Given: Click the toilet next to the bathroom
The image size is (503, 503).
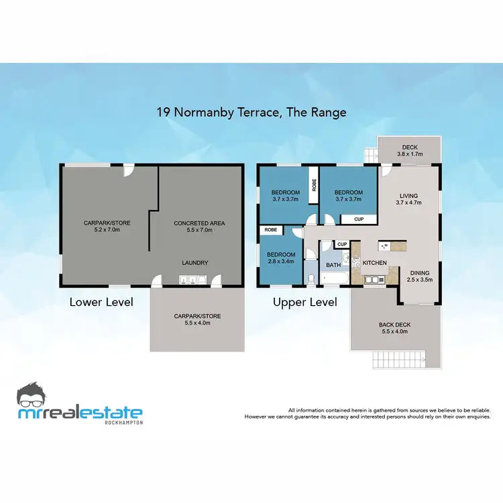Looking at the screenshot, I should pos(311,278).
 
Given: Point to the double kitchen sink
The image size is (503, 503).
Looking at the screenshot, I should pos(373,279).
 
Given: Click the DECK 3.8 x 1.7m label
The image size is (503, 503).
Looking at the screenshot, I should pos(410,151).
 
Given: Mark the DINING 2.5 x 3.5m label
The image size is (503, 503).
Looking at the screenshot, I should pos(421,276).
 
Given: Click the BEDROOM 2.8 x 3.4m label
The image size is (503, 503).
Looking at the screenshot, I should pos(280,258).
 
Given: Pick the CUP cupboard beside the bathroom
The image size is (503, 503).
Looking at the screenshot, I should pos(341,244).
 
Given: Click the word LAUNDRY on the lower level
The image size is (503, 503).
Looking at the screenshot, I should pos(194,263).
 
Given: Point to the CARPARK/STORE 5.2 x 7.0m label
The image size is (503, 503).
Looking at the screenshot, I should pos(106,227).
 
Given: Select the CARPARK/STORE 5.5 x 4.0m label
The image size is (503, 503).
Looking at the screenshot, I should pos(197,319).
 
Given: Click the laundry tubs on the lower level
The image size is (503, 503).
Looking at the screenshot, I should pos(187,281).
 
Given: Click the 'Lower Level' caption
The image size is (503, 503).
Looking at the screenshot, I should pos(101,302).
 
